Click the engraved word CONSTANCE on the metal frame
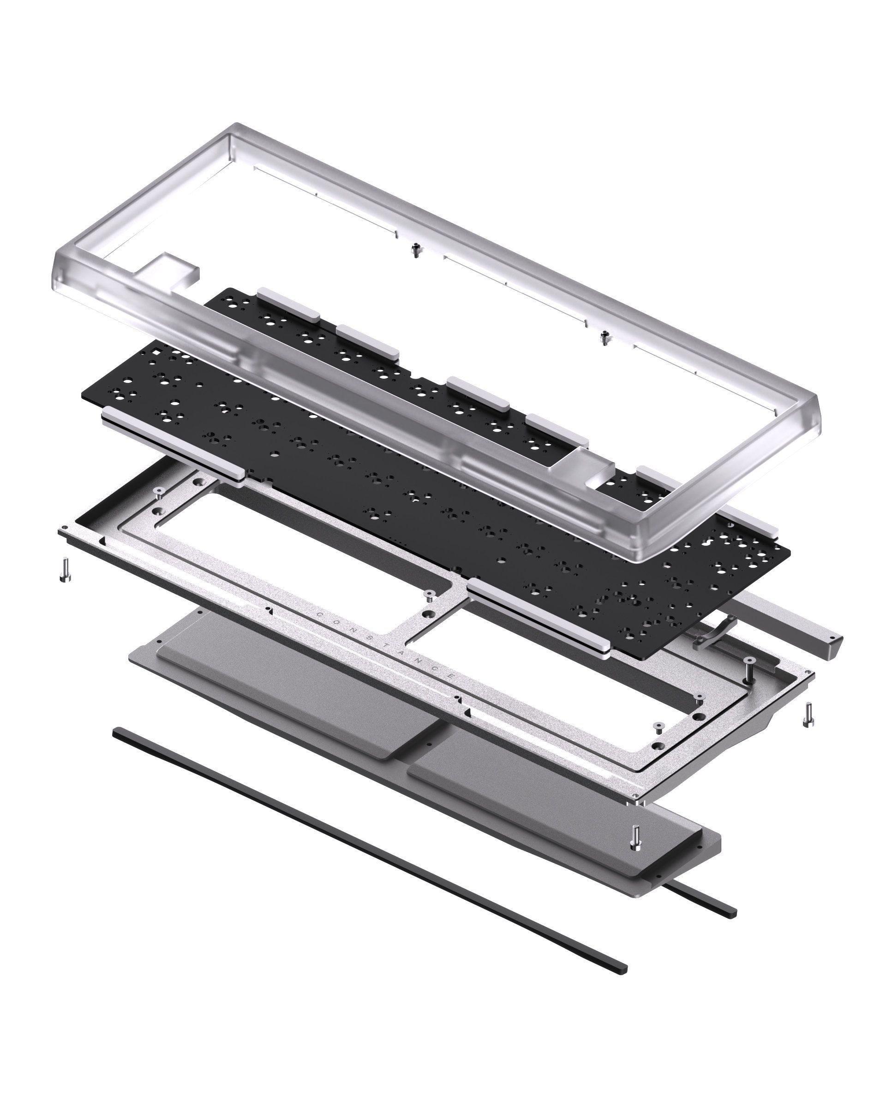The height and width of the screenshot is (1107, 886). click(x=385, y=646)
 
